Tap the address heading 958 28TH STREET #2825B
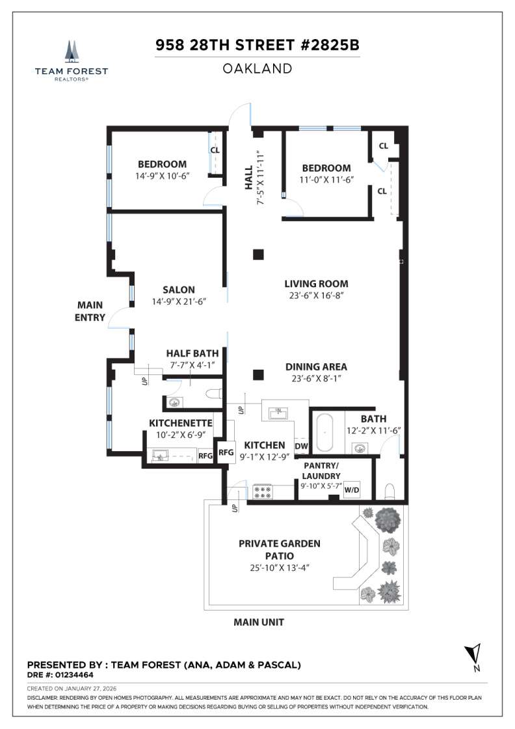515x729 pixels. [x=257, y=46]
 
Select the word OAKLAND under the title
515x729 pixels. [x=257, y=68]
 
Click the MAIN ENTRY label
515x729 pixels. [x=90, y=311]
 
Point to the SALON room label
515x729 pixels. [x=179, y=290]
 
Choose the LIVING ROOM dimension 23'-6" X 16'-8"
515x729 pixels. [x=316, y=296]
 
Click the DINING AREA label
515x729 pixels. [x=316, y=366]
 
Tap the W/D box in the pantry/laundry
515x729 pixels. [x=352, y=489]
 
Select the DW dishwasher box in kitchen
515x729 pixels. [x=301, y=446]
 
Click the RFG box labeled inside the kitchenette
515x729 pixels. [x=205, y=456]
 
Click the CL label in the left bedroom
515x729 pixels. [x=215, y=150]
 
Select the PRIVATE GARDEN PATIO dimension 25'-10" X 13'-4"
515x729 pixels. [x=279, y=567]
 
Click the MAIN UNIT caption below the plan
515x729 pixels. [x=259, y=622]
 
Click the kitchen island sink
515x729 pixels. [x=281, y=412]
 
